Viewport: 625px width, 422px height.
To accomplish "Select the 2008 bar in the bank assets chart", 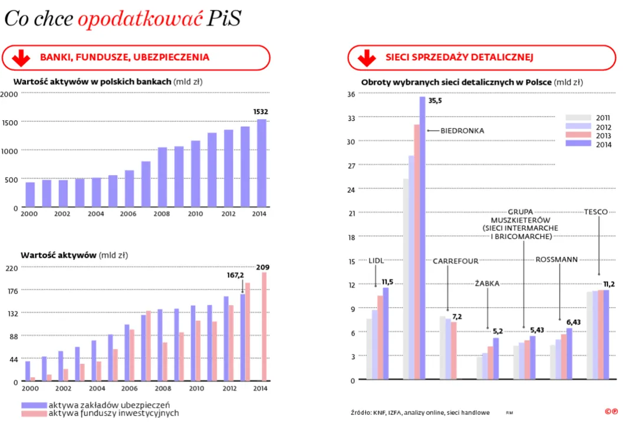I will pyautogui.click(x=162, y=177).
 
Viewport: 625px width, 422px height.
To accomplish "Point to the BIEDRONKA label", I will pyautogui.click(x=462, y=131).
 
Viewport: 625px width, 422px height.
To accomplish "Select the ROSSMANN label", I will pyautogui.click(x=557, y=259).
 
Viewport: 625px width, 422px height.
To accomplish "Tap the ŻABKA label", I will pyautogui.click(x=487, y=283).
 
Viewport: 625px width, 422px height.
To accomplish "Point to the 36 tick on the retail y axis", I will pyautogui.click(x=351, y=94).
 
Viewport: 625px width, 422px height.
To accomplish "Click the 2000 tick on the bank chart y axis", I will pyautogui.click(x=9, y=94).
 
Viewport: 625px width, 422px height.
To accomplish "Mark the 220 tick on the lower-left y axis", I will pyautogui.click(x=12, y=268).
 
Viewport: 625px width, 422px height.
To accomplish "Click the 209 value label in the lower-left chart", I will pyautogui.click(x=262, y=267).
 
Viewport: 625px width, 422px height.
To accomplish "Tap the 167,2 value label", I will pyautogui.click(x=236, y=275).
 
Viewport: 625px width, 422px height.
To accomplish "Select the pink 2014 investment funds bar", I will pyautogui.click(x=264, y=327).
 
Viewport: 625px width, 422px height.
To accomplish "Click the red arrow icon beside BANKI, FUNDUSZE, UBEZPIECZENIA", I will pyautogui.click(x=21, y=58).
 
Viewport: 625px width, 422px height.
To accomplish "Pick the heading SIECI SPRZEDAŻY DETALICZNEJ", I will pyautogui.click(x=459, y=58).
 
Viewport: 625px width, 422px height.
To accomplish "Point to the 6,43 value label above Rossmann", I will pyautogui.click(x=573, y=322).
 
